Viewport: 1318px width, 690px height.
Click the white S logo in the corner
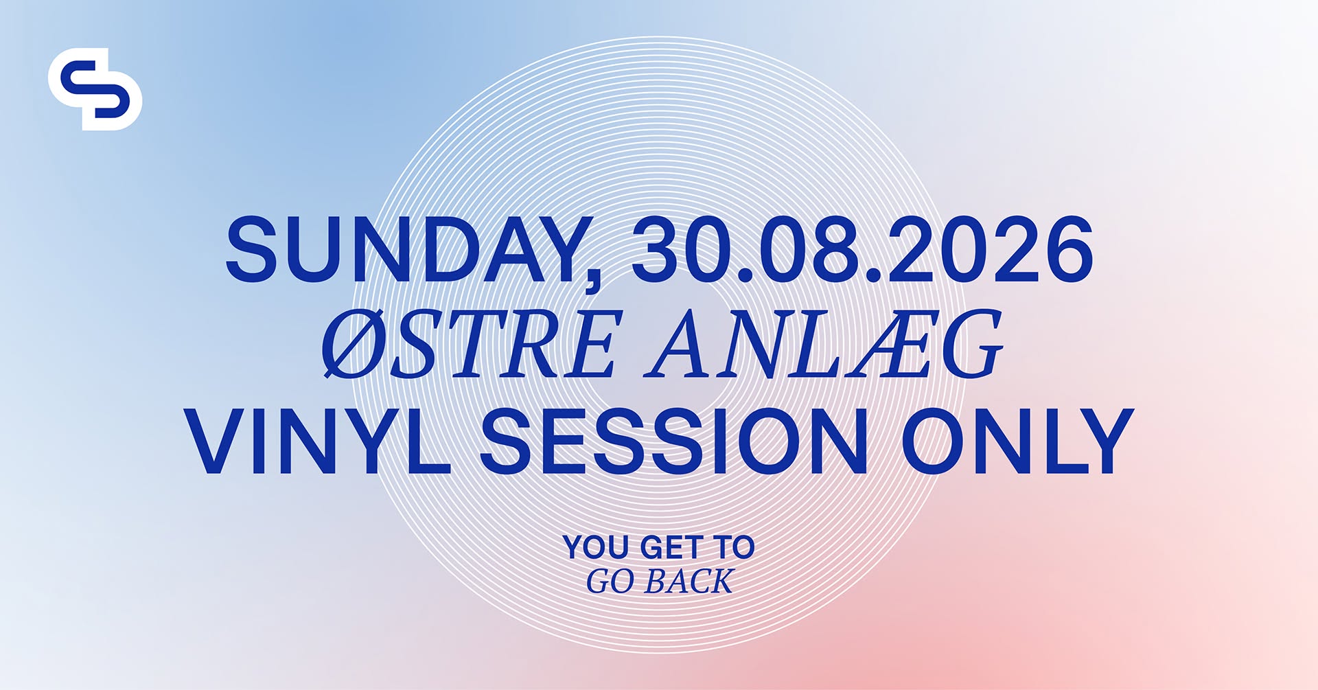click(95, 89)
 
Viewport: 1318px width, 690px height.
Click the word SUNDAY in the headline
click(405, 249)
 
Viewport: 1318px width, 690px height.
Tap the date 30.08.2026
click(862, 249)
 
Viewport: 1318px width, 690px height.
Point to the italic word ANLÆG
click(824, 343)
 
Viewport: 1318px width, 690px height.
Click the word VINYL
click(316, 441)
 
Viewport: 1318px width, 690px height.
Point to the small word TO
click(734, 547)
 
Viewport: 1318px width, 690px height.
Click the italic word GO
click(610, 582)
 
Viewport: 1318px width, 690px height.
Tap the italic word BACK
click(689, 582)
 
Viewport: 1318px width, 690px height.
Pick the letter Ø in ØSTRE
click(356, 343)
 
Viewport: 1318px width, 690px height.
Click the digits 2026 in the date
click(990, 249)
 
